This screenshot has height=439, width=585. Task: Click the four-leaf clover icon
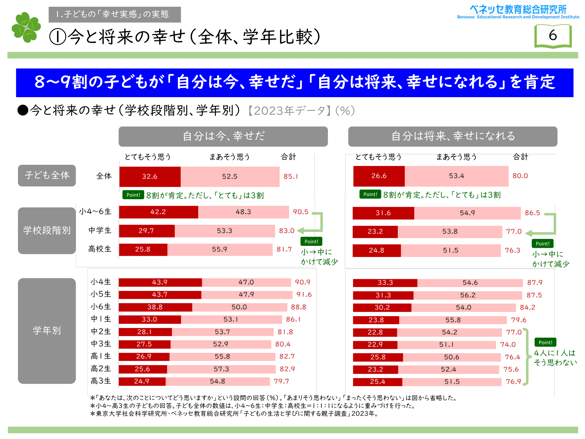(x=26, y=27)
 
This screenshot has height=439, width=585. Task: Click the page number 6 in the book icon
(x=553, y=35)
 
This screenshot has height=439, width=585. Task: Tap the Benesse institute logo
(x=518, y=12)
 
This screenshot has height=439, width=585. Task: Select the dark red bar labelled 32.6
(x=150, y=176)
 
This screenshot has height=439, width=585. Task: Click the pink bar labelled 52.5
(x=230, y=176)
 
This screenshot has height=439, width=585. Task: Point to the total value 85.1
(x=290, y=176)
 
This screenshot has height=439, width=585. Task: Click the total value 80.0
(x=520, y=176)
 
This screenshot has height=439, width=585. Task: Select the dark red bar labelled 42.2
(x=158, y=212)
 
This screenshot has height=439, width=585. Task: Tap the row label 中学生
(x=100, y=230)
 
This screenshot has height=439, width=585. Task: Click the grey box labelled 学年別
(x=47, y=331)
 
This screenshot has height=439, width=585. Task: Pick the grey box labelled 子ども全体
(x=47, y=175)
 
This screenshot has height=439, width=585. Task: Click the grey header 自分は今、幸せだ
(x=223, y=136)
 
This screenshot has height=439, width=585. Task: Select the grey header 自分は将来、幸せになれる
(x=452, y=136)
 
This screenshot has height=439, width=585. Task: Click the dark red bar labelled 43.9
(x=160, y=282)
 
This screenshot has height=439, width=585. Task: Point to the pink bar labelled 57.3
(x=221, y=369)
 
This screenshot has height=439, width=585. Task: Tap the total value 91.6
(x=304, y=294)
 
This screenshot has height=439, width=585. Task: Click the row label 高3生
(x=101, y=381)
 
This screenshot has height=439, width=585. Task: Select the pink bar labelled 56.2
(x=468, y=295)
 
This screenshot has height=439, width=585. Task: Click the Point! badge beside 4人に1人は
(x=545, y=342)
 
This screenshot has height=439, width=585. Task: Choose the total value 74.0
(x=508, y=344)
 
